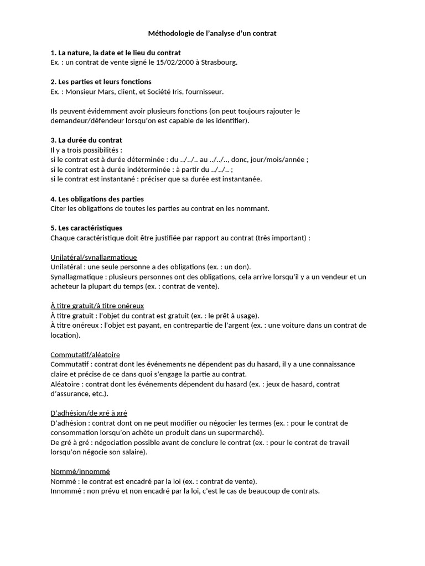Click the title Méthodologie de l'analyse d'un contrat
(x=212, y=34)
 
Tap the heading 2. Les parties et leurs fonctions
(x=101, y=82)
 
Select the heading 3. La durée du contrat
(x=86, y=140)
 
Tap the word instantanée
(x=239, y=179)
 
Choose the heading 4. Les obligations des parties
(x=97, y=198)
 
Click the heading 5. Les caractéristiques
(x=86, y=228)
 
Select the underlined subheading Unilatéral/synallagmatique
(x=94, y=258)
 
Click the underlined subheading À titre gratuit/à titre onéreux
(x=97, y=306)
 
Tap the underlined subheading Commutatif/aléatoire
(x=85, y=354)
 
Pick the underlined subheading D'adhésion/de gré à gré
(x=89, y=413)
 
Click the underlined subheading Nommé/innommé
(x=80, y=471)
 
